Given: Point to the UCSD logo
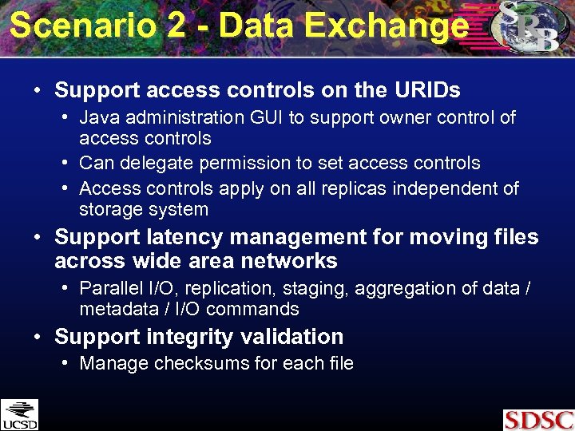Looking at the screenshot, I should pos(19,414).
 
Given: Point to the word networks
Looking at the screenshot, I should pos(291,261).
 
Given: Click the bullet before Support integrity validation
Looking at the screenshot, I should pos(38,337).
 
